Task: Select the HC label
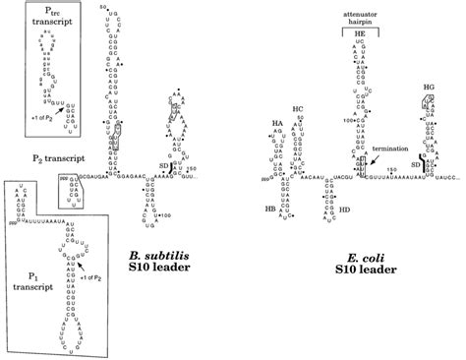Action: [x=297, y=109]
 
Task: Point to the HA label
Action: [x=276, y=124]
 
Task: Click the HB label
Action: [x=269, y=209]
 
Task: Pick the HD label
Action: [x=345, y=210]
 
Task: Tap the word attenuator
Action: [x=359, y=8]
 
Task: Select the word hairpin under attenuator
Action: [x=359, y=18]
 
